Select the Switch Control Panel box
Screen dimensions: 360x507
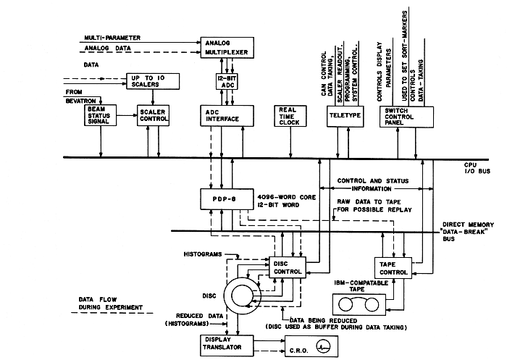coord(406,117)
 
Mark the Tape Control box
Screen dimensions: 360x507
coord(393,267)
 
